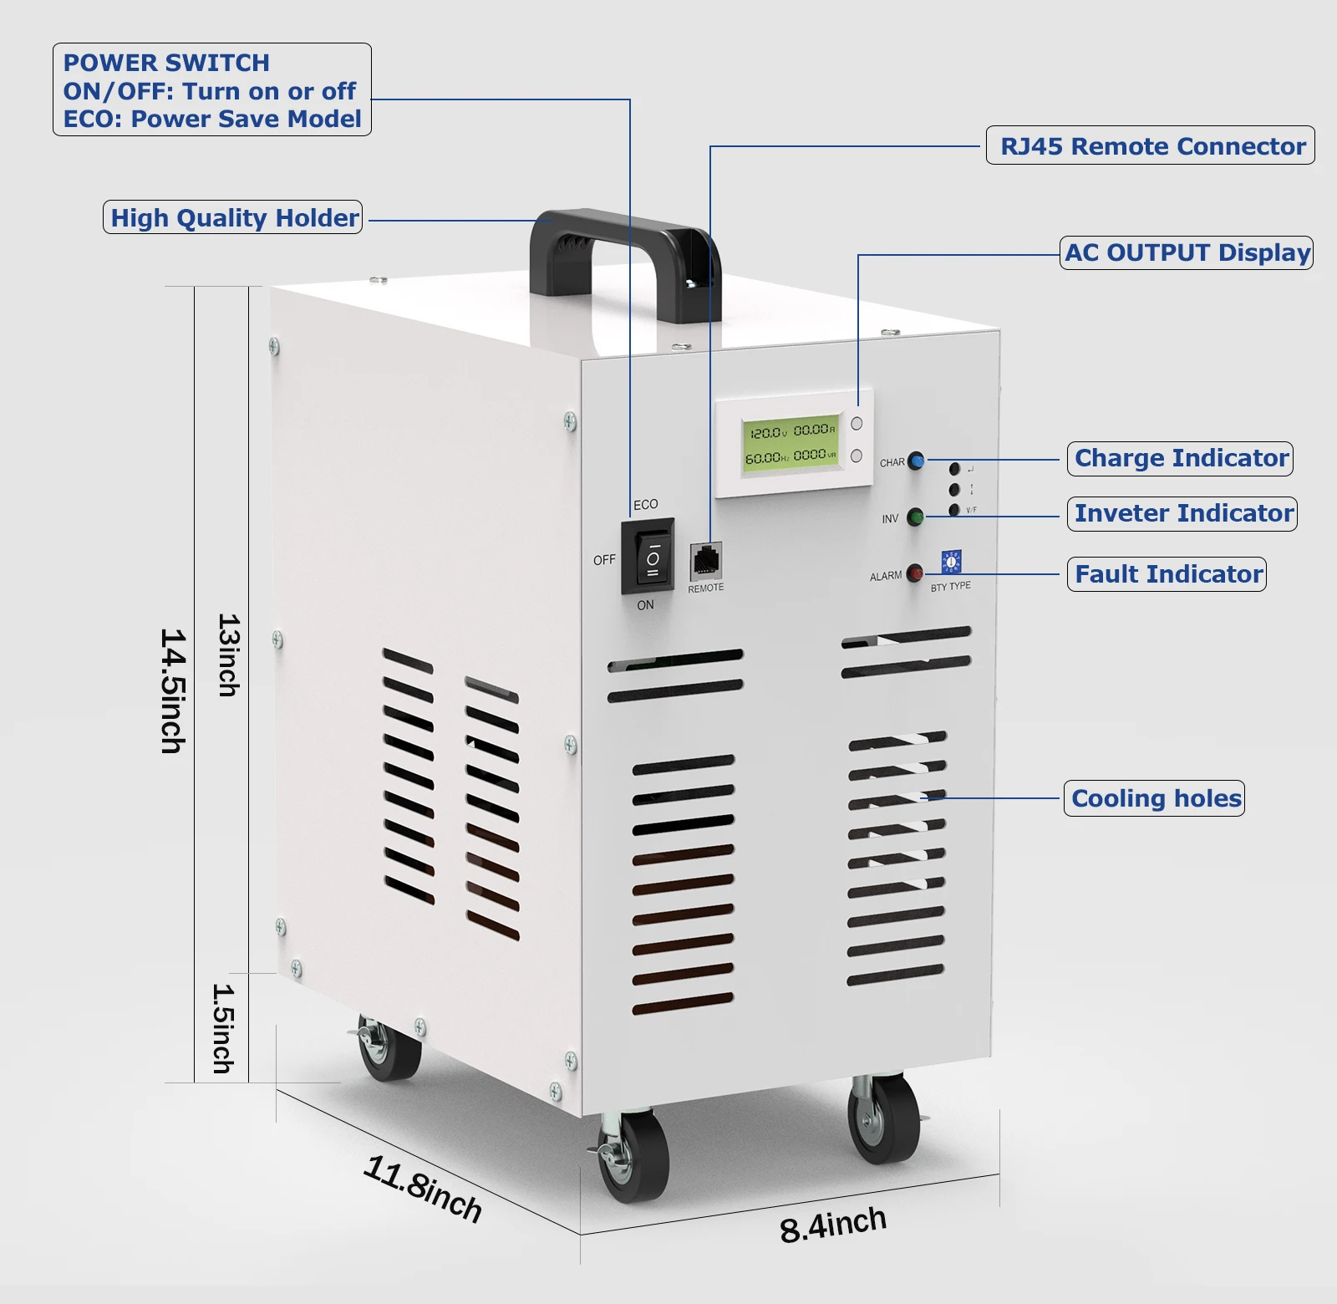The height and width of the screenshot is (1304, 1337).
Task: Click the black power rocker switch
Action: (x=648, y=557)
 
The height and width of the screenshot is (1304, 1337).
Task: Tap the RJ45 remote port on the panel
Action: (x=706, y=560)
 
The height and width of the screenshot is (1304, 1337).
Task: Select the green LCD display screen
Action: (x=790, y=443)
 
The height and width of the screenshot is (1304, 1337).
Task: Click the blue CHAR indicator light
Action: (x=916, y=461)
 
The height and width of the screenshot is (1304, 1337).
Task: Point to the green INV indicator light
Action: (x=915, y=517)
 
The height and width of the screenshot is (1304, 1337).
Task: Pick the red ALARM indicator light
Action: (x=915, y=573)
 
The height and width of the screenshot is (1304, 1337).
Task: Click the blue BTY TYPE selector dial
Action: (x=951, y=562)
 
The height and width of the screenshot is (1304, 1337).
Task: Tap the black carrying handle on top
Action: (x=625, y=251)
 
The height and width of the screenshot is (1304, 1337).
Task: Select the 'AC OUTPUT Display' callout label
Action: (x=1187, y=252)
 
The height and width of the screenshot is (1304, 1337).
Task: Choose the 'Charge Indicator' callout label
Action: (x=1180, y=458)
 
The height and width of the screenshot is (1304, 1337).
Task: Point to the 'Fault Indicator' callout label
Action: (x=1167, y=574)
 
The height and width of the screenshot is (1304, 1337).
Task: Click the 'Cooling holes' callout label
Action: (x=1155, y=798)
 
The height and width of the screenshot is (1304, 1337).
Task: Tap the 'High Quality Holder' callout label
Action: (x=233, y=217)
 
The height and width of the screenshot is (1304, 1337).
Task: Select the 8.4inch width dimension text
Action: (x=832, y=1225)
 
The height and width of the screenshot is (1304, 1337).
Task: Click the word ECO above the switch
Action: (x=645, y=504)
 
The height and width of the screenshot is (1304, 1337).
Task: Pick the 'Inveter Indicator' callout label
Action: (x=1182, y=513)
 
